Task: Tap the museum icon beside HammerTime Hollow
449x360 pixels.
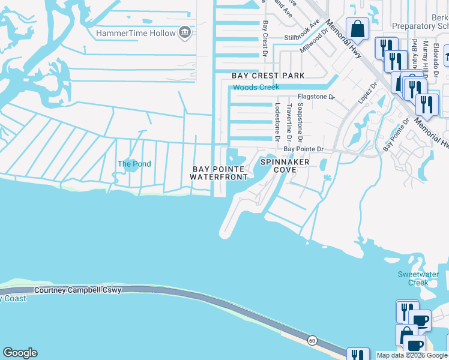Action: tap(185, 32)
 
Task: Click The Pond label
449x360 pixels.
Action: tap(134, 164)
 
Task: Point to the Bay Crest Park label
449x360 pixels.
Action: tap(268, 76)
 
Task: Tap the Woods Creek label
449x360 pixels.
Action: tap(256, 88)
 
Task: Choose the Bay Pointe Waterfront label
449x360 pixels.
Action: tap(218, 173)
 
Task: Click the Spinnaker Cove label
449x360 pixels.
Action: tap(285, 166)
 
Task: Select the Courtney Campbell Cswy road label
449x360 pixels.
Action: tap(78, 290)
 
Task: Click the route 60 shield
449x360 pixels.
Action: tap(312, 341)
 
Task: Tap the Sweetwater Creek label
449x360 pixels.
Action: tap(414, 278)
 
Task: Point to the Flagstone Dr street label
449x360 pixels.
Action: tap(317, 96)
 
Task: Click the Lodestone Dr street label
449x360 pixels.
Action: tap(277, 121)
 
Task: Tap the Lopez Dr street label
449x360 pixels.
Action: tap(366, 94)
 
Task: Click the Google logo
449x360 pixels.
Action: tap(20, 353)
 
